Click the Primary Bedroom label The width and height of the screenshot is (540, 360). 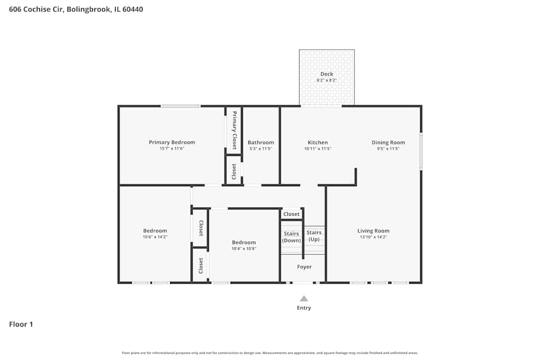point(172,142)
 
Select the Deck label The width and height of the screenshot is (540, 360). point(327,74)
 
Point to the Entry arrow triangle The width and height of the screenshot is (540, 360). point(304,298)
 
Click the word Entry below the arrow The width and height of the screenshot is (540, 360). point(304,308)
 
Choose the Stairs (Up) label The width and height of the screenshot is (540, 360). point(314,236)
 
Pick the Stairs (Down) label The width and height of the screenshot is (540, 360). point(292,237)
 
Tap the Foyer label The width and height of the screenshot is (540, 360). point(304,267)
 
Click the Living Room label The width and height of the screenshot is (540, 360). point(373,231)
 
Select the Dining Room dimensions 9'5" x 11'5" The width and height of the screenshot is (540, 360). point(388,149)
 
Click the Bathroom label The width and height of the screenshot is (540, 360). point(261,142)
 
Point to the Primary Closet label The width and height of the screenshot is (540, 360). point(234,130)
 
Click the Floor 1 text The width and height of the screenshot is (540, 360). point(21,324)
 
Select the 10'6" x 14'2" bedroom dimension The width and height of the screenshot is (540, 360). point(155,237)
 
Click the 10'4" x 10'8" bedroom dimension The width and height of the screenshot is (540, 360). point(244,249)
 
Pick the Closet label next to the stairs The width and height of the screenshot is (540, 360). point(292,214)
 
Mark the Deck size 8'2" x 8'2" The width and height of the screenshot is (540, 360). point(327,80)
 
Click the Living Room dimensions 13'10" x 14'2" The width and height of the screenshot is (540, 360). point(373,237)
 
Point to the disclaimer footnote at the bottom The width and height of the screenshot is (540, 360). point(270,353)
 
